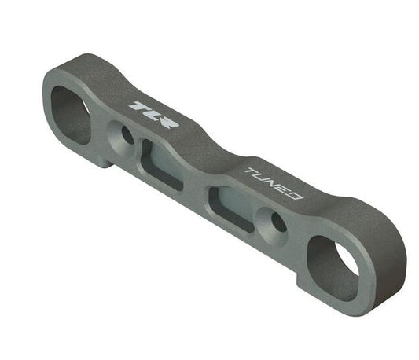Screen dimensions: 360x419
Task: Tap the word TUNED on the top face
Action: pos(273,183)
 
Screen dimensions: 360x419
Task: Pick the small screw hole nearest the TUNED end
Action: pos(277,222)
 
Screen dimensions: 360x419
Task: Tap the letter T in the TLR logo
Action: pos(139,106)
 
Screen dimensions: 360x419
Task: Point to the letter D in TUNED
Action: pos(293,194)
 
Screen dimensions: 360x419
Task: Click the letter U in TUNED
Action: pos(261,178)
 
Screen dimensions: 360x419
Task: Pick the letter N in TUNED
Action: pos(272,183)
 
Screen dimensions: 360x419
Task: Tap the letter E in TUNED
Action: pos(283,189)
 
